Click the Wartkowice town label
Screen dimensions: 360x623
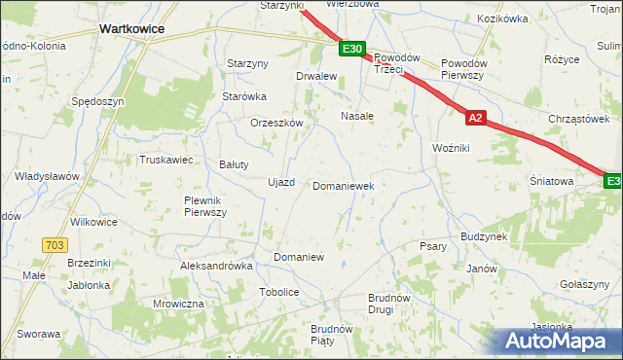[131, 29]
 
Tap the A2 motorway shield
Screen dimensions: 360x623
[474, 118]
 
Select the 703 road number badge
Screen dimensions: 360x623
[55, 246]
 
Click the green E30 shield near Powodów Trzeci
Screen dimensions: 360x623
[353, 48]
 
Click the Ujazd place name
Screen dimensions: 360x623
[280, 182]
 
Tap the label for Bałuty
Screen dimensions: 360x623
[234, 164]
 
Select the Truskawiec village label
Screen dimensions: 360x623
[167, 160]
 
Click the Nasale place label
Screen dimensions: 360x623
[357, 116]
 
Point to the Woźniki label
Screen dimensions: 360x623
[452, 147]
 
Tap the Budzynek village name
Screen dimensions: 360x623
[485, 237]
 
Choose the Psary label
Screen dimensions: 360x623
[432, 246]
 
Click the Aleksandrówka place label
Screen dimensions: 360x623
[216, 266]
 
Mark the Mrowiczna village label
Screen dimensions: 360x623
[178, 304]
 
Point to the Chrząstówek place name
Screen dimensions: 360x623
[577, 119]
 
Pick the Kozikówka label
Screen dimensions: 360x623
[502, 18]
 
